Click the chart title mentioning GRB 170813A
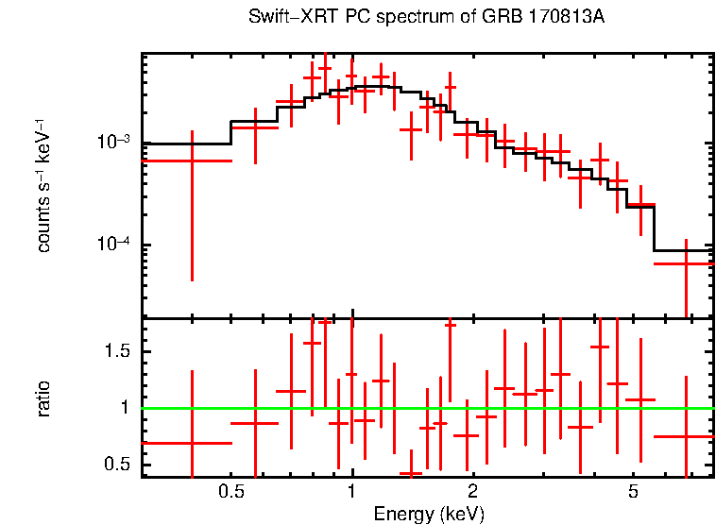(x=433, y=18)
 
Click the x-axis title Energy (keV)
(x=429, y=515)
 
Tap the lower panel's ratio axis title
(x=43, y=398)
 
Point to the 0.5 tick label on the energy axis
(x=230, y=492)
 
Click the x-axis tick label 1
(x=351, y=492)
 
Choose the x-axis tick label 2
(x=472, y=492)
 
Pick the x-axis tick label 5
(x=633, y=492)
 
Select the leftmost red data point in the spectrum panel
(x=192, y=161)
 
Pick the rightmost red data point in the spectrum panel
(x=686, y=263)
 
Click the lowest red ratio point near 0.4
(x=411, y=473)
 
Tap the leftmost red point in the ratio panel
(x=192, y=442)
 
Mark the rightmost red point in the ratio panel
(x=686, y=436)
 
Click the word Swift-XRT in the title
(x=282, y=18)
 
